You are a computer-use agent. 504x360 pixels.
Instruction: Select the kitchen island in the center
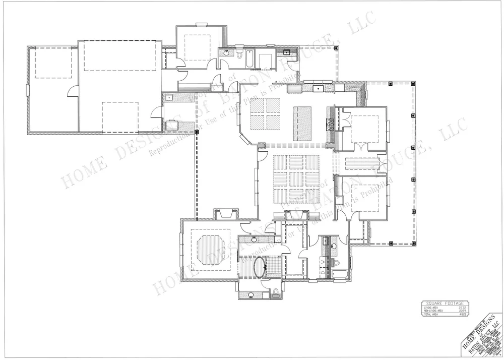302,124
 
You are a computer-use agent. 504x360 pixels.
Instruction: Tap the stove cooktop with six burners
331,124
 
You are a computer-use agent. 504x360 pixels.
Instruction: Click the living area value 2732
462,307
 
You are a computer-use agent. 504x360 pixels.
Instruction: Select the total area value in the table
462,314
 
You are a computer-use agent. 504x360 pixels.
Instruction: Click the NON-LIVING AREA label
435,311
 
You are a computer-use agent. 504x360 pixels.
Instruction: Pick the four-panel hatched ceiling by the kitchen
266,114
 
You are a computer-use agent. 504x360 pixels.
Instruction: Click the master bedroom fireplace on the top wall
223,214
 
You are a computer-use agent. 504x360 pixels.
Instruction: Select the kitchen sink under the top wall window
319,89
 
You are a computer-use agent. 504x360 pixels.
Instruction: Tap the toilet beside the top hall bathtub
239,54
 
